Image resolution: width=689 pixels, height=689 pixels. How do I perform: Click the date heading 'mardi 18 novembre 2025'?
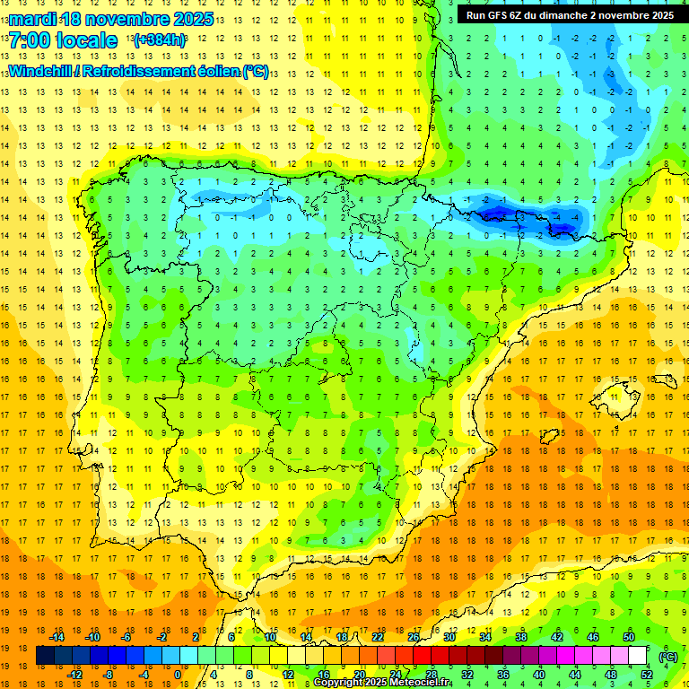pyautogui.click(x=111, y=19)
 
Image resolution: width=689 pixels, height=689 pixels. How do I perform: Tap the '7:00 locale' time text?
pyautogui.click(x=63, y=40)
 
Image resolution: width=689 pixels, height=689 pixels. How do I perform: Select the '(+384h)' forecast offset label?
pyautogui.click(x=160, y=40)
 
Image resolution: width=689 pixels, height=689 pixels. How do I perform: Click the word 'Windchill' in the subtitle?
pyautogui.click(x=39, y=72)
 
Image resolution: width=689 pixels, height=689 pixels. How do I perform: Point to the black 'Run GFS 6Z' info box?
pyautogui.click(x=571, y=15)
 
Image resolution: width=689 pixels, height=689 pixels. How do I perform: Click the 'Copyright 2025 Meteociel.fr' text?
pyautogui.click(x=382, y=683)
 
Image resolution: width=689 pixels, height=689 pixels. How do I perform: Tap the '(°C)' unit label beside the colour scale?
pyautogui.click(x=667, y=657)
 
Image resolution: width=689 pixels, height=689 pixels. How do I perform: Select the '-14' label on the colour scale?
pyautogui.click(x=57, y=637)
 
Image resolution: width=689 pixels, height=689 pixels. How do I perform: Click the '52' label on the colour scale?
pyautogui.click(x=647, y=675)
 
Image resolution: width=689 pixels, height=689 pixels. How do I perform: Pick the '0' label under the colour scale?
pyautogui.click(x=177, y=675)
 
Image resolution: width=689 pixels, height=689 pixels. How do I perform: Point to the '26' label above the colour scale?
pyautogui.click(x=414, y=637)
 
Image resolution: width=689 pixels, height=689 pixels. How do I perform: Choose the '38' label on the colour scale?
pyautogui.click(x=520, y=637)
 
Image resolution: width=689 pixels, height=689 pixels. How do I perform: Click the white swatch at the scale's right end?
pyautogui.click(x=638, y=656)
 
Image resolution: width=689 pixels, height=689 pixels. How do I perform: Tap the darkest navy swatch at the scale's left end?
pyautogui.click(x=46, y=656)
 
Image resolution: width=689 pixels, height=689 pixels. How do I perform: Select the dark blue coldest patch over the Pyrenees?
pyautogui.click(x=498, y=213)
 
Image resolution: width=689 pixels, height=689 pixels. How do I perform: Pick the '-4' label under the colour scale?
pyautogui.click(x=143, y=675)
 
